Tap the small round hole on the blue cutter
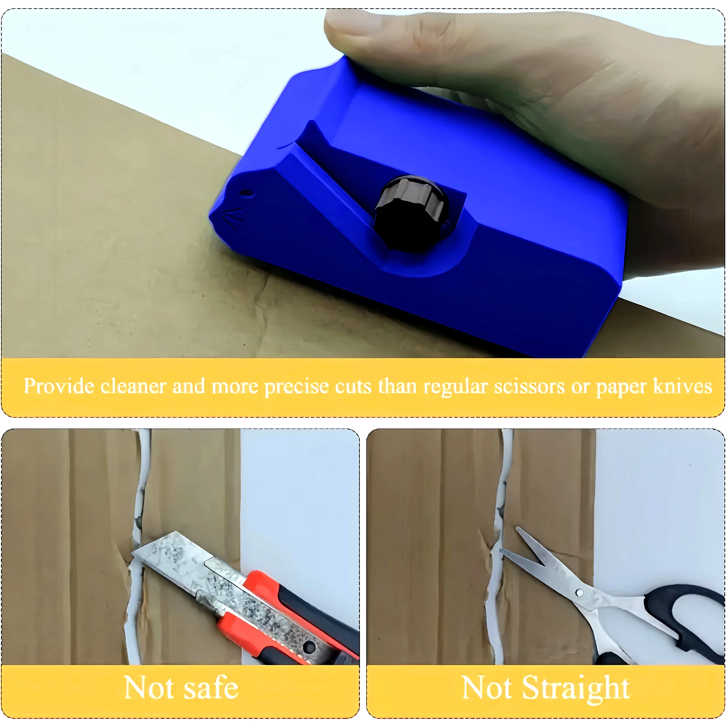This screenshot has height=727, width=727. point(246,193)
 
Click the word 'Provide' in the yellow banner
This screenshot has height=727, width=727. point(59,386)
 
